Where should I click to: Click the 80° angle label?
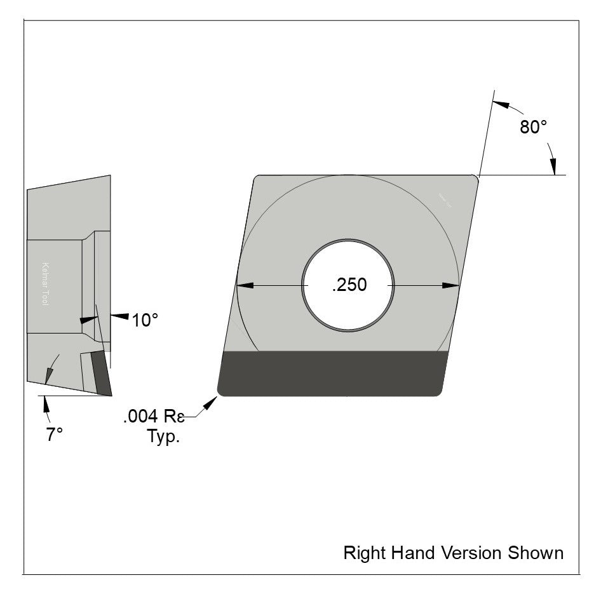tap(533, 127)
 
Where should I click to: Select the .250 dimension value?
tap(349, 285)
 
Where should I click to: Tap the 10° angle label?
tap(144, 320)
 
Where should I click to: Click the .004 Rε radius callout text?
tap(153, 417)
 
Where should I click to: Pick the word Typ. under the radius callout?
tap(163, 437)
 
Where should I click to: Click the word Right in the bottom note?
tap(360, 553)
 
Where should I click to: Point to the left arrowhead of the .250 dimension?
tap(245, 285)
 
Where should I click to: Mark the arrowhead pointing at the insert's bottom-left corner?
tap(210, 404)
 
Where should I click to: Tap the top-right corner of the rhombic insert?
tap(475, 178)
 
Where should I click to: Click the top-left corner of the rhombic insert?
tap(257, 179)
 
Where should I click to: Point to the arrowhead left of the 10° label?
tap(119, 316)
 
